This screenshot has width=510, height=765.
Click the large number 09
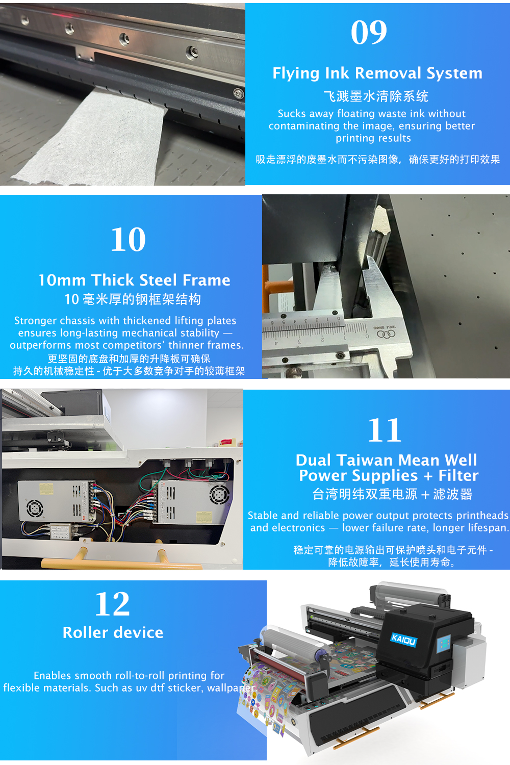[x=369, y=33]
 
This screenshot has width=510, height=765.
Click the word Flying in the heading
[x=296, y=73]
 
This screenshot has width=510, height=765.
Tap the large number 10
[x=128, y=240]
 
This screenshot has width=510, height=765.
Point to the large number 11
[x=385, y=431]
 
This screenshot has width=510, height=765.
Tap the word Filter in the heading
[x=458, y=476]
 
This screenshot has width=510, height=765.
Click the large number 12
[x=112, y=604]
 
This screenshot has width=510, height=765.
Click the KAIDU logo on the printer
[x=403, y=639]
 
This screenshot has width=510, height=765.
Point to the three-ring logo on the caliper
[x=386, y=334]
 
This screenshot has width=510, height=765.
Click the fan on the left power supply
[x=35, y=508]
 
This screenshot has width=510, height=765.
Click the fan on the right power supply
[x=219, y=493]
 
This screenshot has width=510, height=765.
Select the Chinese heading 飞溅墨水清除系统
[x=376, y=96]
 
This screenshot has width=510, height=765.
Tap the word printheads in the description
[x=482, y=516]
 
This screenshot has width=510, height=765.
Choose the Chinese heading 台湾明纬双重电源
[x=365, y=494]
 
